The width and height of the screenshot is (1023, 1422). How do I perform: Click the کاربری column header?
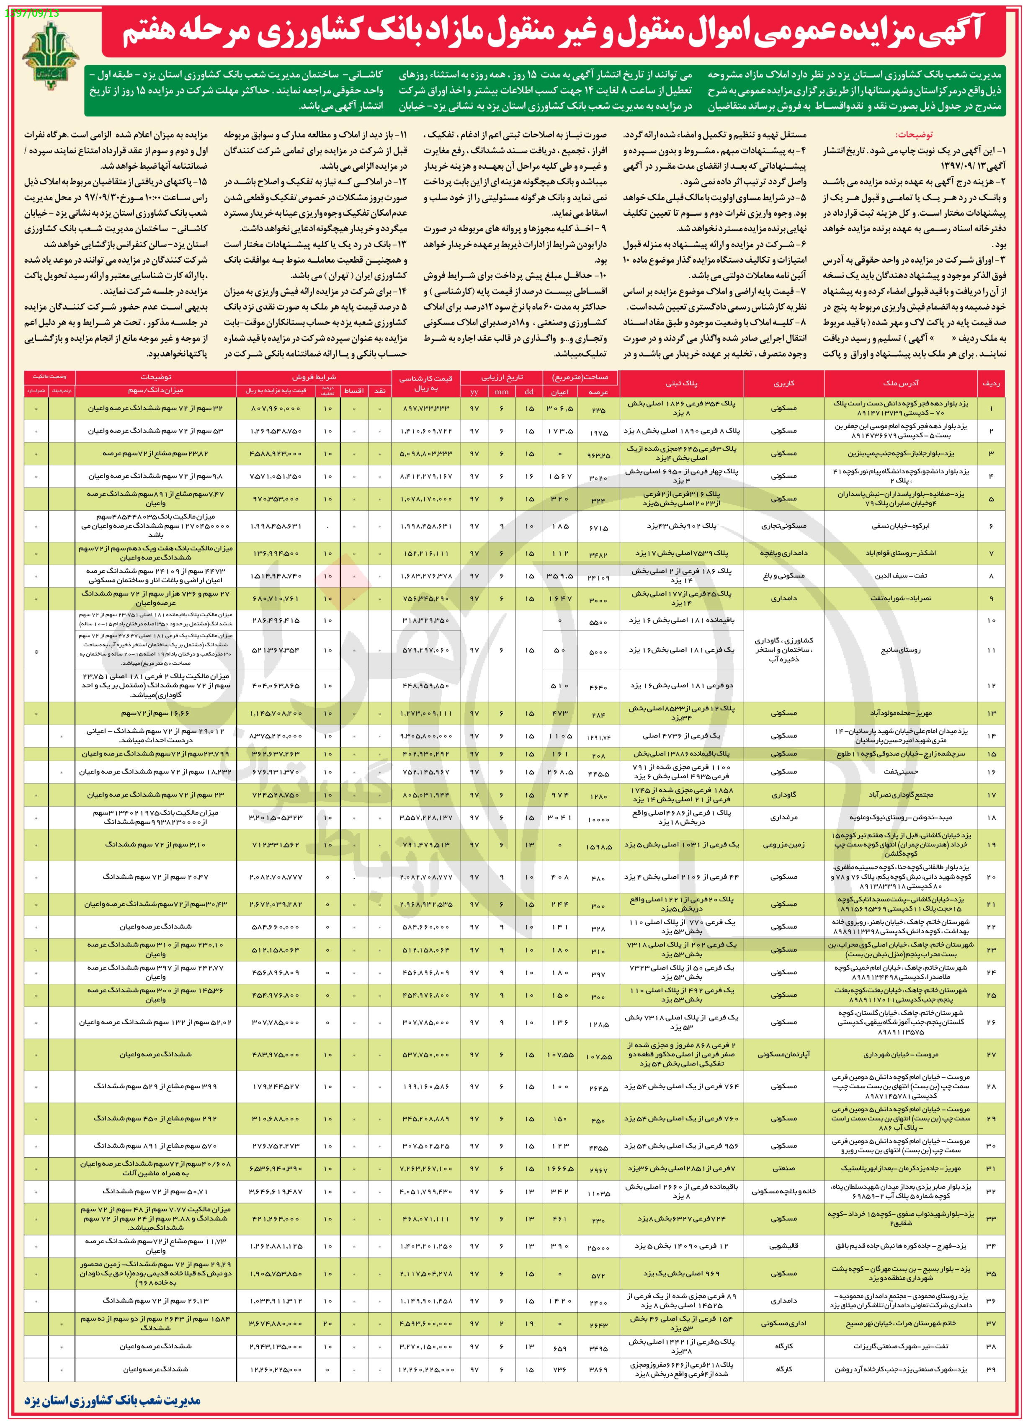click(783, 382)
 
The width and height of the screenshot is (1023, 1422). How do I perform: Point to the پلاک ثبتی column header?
click(681, 382)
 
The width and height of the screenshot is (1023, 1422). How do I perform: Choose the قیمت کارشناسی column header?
click(425, 382)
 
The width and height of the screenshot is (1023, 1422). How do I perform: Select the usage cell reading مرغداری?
click(783, 818)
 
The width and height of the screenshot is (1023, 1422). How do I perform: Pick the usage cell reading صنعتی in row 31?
click(783, 1169)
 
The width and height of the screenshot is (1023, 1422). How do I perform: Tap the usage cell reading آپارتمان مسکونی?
click(783, 1055)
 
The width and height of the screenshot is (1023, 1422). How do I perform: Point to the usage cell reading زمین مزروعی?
click(783, 844)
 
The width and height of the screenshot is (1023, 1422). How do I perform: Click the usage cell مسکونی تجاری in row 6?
click(783, 526)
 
